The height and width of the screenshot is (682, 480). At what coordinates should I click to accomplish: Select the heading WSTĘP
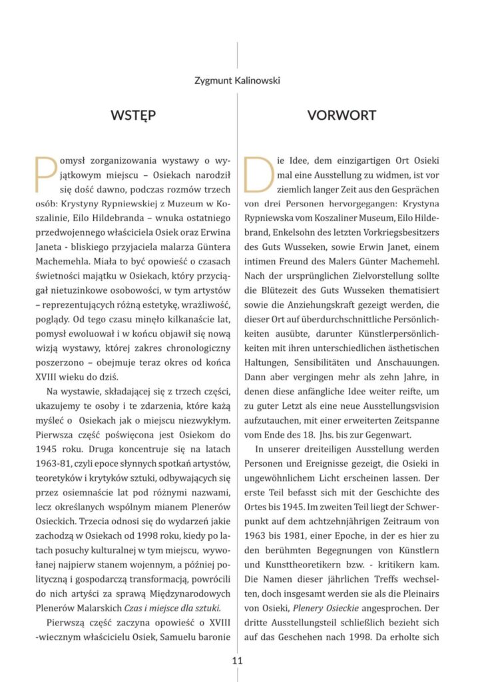pos(133,115)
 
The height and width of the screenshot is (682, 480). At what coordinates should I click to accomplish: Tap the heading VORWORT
pos(341,115)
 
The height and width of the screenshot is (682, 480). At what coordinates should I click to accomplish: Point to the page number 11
pos(238,661)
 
